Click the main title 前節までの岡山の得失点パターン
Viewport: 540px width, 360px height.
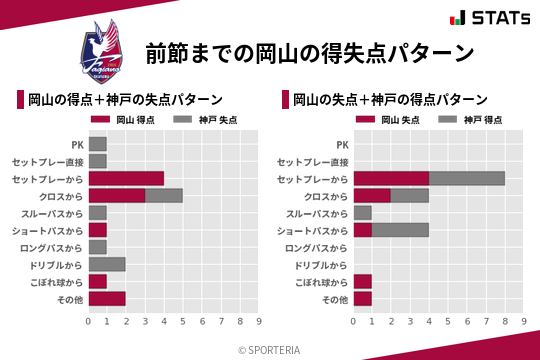309,53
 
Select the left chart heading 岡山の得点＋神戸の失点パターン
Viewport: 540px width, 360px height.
125,99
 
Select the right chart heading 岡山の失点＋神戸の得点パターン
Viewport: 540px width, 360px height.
390,99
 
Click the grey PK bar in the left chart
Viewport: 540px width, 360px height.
97,144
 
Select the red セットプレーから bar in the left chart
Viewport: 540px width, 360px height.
126,178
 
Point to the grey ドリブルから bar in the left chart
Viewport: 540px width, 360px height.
107,264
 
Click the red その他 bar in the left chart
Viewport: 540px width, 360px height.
107,298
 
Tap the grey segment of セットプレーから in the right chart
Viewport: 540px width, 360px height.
467,178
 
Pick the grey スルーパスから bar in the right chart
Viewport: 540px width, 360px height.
362,213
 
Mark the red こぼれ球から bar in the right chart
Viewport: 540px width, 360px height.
362,281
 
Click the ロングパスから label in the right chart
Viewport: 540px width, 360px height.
316,247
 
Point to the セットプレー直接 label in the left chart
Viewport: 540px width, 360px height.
54,161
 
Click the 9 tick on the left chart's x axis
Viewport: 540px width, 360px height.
259,322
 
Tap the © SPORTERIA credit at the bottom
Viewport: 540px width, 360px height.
270,349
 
